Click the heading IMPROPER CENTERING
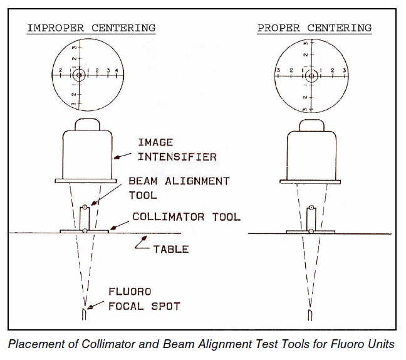(91, 28)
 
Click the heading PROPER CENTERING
(314, 28)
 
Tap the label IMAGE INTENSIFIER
(177, 149)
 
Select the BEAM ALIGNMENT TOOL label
(179, 188)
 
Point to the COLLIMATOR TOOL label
(186, 217)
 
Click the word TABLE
(171, 249)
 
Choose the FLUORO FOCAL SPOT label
(144, 299)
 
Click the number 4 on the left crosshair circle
(117, 70)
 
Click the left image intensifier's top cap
(87, 125)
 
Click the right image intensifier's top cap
(311, 125)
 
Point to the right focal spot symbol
(310, 314)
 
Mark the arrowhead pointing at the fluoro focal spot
(90, 308)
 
